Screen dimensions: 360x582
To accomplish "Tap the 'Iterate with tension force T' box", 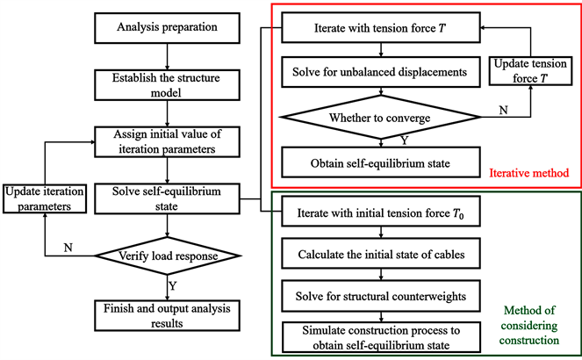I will (x=380, y=29).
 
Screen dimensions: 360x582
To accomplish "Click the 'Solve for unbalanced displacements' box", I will (x=380, y=68).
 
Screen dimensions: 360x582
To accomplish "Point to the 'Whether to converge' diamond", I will (x=380, y=118).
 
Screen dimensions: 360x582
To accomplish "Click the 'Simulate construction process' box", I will (x=380, y=335).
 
